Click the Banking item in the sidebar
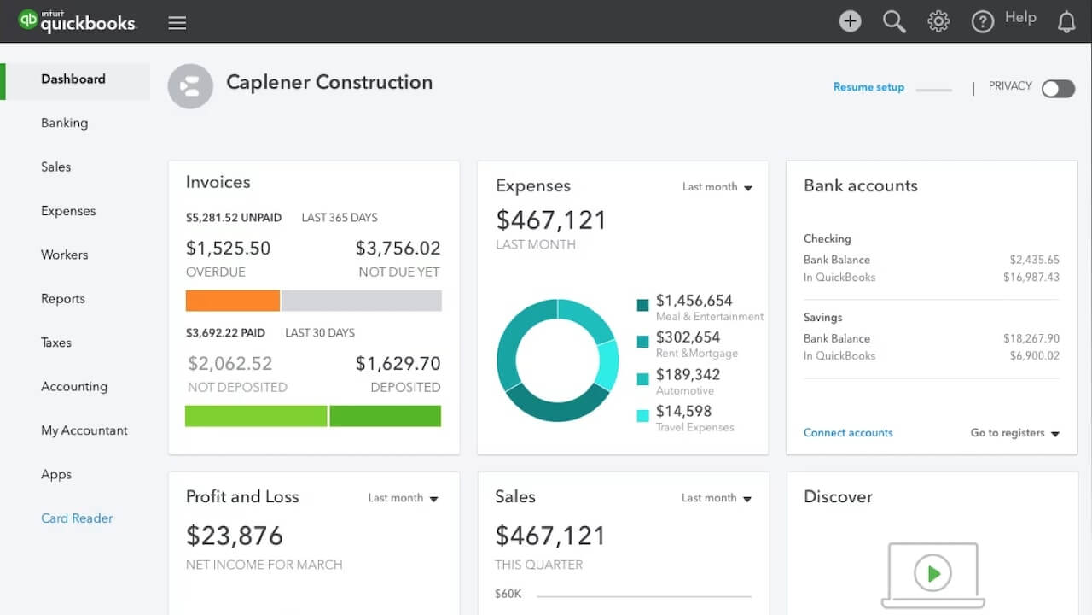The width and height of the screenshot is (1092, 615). coord(64,123)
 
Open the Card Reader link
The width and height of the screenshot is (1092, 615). coord(77,518)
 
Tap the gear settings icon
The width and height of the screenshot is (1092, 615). coord(938,21)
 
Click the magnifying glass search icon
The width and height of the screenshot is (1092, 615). coord(894,21)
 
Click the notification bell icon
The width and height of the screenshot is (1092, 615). coord(1066,22)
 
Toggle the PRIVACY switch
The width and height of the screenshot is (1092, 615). coord(1058,89)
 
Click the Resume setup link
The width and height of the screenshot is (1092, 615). coord(868,87)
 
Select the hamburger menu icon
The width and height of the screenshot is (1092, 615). coord(177,23)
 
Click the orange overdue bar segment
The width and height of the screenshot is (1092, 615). coord(232,301)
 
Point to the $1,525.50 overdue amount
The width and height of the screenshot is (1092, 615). coord(228,249)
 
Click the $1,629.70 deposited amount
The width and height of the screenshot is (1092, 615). coord(398,364)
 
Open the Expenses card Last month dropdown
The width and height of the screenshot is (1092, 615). coord(717,187)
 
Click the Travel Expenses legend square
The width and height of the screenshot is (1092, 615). coord(642,417)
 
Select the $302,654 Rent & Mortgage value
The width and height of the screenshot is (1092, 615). coord(688,337)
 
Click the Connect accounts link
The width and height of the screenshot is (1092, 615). coord(848,433)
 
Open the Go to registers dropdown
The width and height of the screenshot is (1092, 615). coord(1014,433)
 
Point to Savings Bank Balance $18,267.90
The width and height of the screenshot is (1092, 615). coord(1031,338)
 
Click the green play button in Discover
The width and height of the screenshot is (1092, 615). coord(932,574)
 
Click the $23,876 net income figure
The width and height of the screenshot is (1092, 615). coord(235,536)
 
